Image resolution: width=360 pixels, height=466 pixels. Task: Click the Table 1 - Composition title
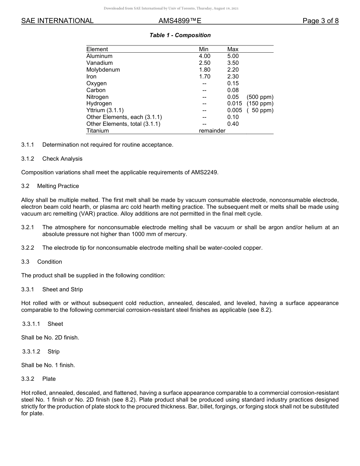click(x=180, y=35)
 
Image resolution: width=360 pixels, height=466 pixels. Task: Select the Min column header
click(x=203, y=49)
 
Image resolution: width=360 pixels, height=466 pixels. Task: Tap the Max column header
click(x=233, y=49)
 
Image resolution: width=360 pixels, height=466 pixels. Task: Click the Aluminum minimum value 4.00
click(x=205, y=56)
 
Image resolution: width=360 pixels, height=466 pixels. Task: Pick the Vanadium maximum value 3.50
click(x=233, y=63)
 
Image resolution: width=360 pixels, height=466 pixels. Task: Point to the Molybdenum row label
click(x=103, y=70)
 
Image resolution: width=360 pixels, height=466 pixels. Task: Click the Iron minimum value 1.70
click(x=205, y=77)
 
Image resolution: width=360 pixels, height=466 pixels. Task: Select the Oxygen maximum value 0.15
click(x=233, y=83)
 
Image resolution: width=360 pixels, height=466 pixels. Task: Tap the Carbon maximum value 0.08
click(x=233, y=90)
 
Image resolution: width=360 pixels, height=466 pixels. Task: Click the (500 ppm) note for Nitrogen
click(x=260, y=97)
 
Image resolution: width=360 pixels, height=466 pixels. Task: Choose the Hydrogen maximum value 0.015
click(x=235, y=103)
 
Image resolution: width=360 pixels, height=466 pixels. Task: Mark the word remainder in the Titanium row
click(x=212, y=131)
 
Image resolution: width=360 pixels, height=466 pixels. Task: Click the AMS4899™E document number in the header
click(x=180, y=21)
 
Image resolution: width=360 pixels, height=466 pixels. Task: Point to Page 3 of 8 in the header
click(x=321, y=21)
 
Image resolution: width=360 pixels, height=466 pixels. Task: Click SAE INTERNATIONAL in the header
click(x=57, y=21)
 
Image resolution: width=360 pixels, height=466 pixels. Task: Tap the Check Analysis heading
click(x=62, y=159)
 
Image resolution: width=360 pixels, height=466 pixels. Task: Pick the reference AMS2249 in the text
click(x=205, y=172)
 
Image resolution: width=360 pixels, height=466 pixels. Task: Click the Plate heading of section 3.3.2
click(x=49, y=379)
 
